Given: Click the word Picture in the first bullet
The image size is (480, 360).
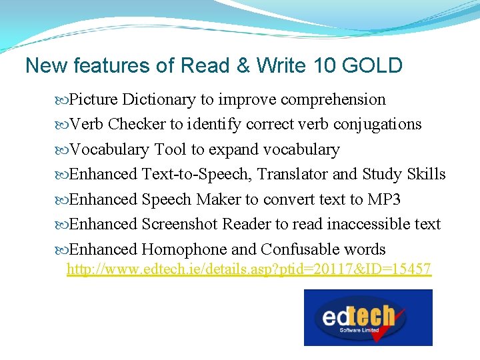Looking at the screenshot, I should pos(94,100).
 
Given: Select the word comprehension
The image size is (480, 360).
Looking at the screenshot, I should pos(333,100).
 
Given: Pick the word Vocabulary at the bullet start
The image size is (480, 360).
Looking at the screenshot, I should pos(109,149).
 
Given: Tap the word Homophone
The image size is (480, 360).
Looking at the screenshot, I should pos(184,249).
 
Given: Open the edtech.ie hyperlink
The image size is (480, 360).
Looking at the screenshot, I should pos(249,269).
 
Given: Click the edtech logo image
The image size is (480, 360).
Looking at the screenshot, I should pos(368,317).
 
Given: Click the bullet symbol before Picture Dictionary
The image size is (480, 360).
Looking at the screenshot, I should pos(63,100).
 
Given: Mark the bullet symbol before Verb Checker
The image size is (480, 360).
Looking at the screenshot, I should pos(63,125).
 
